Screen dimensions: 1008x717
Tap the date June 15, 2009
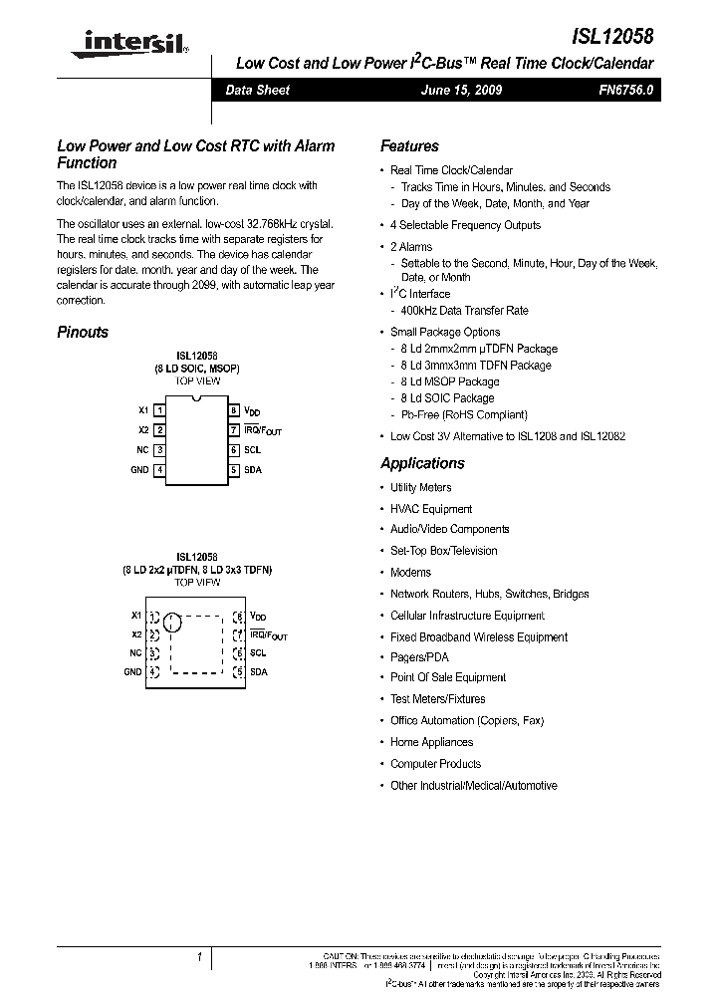(x=461, y=90)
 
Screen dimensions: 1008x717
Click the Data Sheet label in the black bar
(x=257, y=90)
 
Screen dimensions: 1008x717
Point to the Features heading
(x=409, y=145)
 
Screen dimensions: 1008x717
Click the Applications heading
(x=422, y=463)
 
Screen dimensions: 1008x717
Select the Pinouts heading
(x=83, y=333)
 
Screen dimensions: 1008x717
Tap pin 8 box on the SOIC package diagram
(x=234, y=410)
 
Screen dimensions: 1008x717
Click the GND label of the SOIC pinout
(x=138, y=470)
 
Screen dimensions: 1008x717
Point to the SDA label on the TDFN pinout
(x=258, y=672)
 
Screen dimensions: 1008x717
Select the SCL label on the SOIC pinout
(x=253, y=450)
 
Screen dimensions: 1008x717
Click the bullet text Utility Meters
(x=420, y=487)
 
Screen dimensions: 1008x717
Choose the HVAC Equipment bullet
(x=431, y=509)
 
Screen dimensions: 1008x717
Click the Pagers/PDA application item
(x=419, y=657)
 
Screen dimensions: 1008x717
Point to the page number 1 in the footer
(x=199, y=958)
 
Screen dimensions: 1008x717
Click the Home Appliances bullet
(x=431, y=742)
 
